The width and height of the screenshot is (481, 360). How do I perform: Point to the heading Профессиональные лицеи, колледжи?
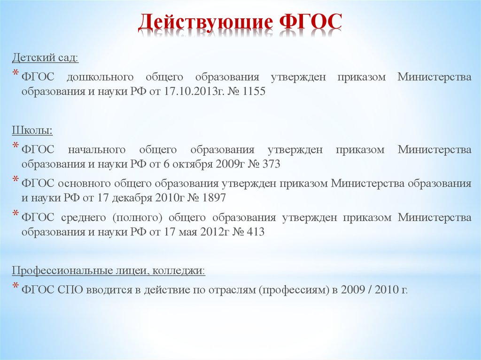(x=109, y=271)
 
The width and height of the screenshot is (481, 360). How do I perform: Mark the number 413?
(x=255, y=232)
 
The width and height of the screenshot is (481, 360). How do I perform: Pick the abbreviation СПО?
(x=71, y=289)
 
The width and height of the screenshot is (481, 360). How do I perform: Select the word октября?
(x=197, y=164)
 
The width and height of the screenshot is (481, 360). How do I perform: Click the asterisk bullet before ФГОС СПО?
(x=16, y=286)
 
